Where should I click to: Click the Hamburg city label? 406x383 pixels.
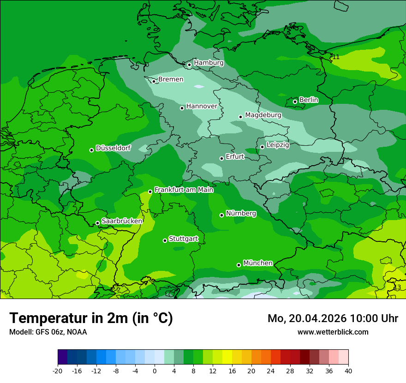click(209, 63)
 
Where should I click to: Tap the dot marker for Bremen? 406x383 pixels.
click(154, 81)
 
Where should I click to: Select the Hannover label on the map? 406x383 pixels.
click(202, 106)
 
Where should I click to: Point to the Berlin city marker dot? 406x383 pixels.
click(295, 102)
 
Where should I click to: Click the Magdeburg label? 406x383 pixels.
click(263, 115)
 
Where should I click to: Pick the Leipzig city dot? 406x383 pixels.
click(262, 147)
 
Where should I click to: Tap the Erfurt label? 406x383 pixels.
click(235, 157)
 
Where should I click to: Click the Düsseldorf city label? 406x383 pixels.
click(113, 148)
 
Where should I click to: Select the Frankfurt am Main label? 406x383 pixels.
click(184, 190)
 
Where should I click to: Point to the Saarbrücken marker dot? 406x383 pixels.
click(97, 223)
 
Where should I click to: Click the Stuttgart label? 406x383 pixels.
click(184, 239)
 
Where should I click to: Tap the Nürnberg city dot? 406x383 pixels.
click(221, 215)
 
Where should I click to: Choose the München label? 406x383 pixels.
click(258, 263)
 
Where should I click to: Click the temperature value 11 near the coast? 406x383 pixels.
click(336, 57)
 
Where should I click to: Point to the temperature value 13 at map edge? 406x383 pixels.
click(397, 287)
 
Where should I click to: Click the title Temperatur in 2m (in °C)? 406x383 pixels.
click(91, 318)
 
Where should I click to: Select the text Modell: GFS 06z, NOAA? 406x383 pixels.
click(48, 332)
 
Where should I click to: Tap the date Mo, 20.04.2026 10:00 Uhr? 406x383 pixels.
click(333, 318)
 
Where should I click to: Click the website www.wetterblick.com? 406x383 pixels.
click(333, 332)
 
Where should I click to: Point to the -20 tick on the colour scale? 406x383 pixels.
click(58, 371)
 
